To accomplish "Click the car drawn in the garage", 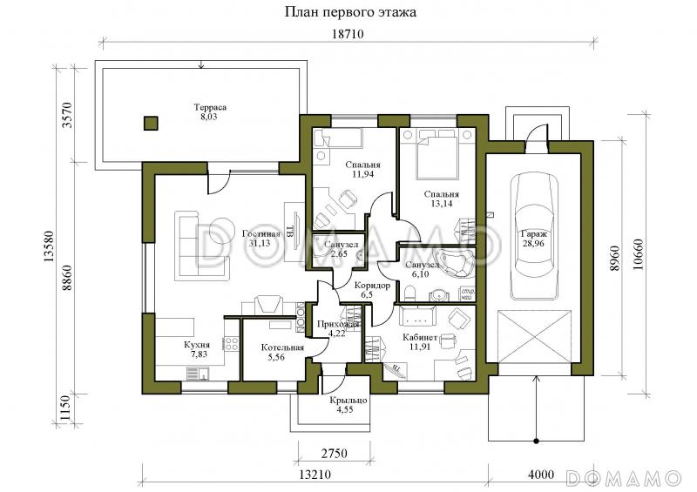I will pos(532,236).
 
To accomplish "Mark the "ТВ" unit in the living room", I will pos(289,232).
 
